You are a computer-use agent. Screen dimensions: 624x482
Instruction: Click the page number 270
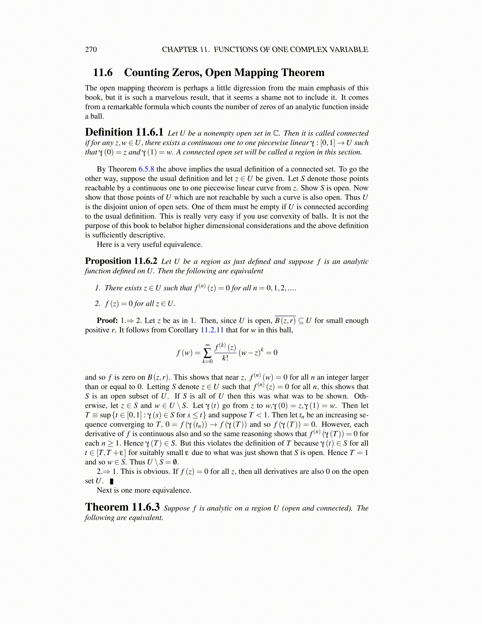coord(91,49)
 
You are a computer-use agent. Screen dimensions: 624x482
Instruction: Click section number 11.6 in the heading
coord(102,72)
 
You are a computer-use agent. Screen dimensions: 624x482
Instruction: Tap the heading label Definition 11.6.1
coord(124,132)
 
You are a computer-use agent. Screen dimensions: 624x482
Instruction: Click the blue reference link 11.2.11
coord(212,330)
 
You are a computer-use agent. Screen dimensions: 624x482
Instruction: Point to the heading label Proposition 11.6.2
coord(121,261)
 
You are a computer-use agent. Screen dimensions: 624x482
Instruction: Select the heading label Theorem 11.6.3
coord(122,507)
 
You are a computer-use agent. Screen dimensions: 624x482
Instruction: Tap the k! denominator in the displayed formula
coord(225,358)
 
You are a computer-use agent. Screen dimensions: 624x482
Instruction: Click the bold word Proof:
coord(107,320)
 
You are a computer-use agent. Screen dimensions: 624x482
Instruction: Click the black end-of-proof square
coord(112,481)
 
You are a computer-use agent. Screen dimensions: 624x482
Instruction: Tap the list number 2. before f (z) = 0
coord(98,303)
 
